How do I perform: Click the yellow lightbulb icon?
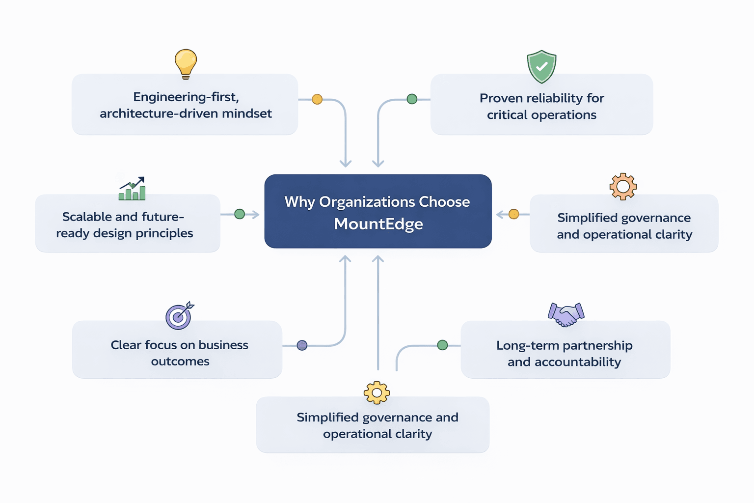[x=186, y=63]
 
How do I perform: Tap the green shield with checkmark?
[x=541, y=66]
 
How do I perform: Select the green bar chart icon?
[x=132, y=189]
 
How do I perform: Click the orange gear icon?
[x=623, y=186]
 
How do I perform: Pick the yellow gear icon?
[x=377, y=392]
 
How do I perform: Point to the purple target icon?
[x=179, y=315]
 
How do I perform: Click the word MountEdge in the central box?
[x=378, y=224]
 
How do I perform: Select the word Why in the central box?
[x=299, y=202]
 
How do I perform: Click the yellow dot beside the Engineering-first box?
[x=317, y=99]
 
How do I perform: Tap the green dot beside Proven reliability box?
[x=412, y=99]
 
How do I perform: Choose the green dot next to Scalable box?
[x=240, y=214]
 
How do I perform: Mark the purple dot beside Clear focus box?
[x=302, y=345]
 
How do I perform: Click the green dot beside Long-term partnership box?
[x=442, y=345]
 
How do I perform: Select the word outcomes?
[x=180, y=362]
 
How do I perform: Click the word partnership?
[x=597, y=345]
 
